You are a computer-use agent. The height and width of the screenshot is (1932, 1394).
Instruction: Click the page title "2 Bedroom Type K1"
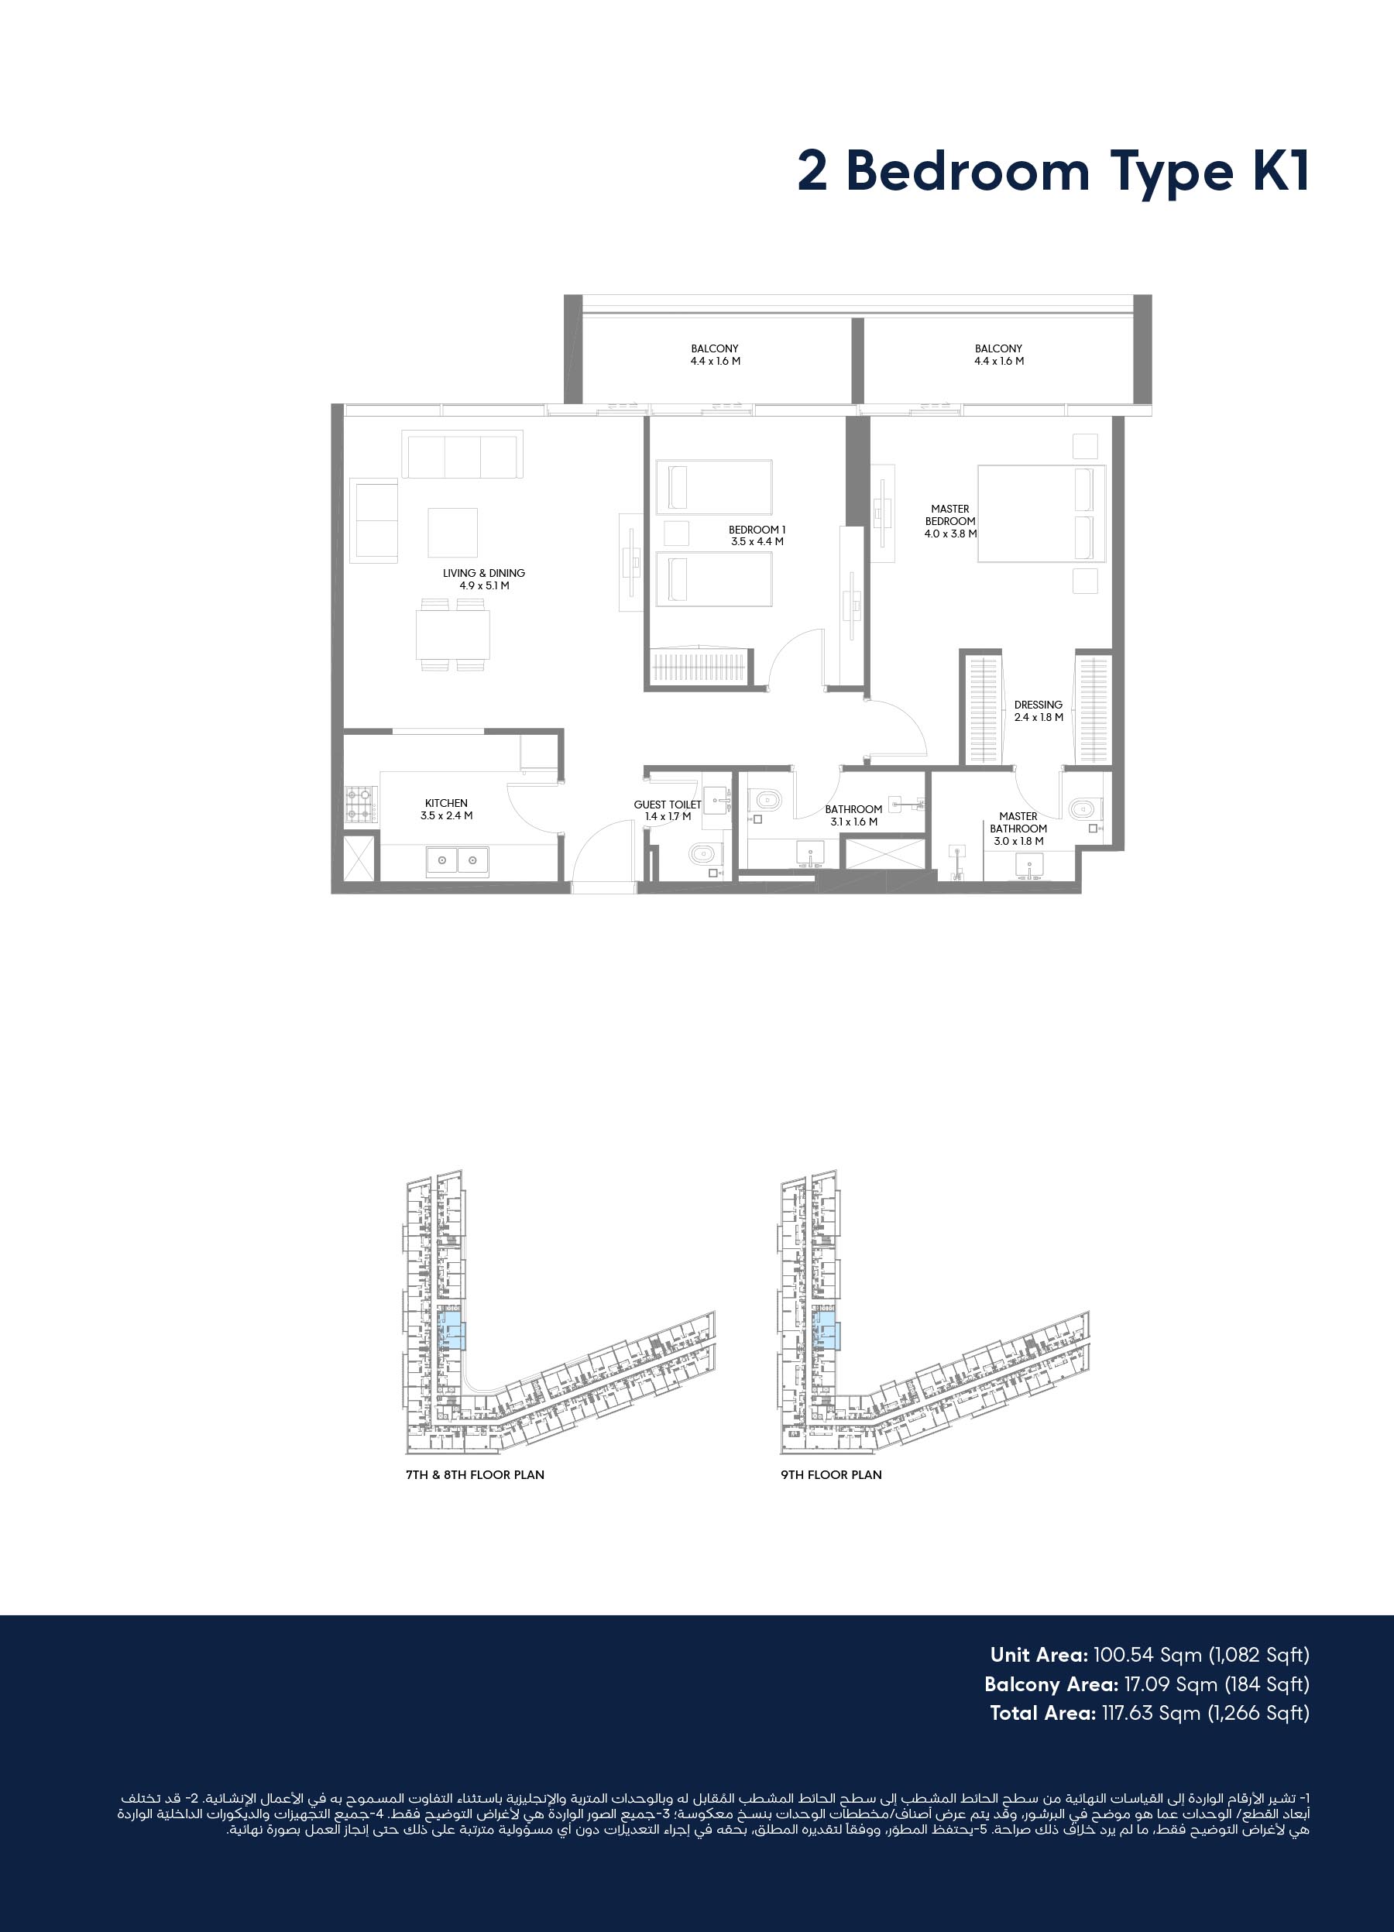[x=1052, y=172]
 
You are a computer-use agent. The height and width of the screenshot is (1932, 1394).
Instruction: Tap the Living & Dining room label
[x=484, y=579]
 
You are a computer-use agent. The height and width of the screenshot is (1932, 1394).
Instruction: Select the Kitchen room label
[x=447, y=809]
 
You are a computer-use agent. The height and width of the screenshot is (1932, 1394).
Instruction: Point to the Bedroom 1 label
[x=757, y=536]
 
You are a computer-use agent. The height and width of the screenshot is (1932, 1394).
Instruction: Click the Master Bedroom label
[x=950, y=521]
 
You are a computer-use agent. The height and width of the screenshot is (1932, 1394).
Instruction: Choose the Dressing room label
[x=1039, y=712]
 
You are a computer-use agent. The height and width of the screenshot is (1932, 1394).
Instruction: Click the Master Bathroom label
[x=1018, y=829]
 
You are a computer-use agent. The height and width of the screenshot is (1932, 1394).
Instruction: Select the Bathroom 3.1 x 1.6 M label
[x=853, y=815]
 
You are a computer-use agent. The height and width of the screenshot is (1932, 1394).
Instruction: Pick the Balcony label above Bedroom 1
[x=715, y=355]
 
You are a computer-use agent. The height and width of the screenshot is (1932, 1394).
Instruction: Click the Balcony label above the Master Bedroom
[x=998, y=355]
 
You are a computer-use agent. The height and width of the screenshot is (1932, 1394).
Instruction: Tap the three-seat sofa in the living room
[x=462, y=454]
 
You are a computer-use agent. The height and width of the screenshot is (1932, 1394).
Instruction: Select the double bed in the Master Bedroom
[x=1041, y=513]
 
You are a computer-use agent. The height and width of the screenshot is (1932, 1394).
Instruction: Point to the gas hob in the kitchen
[x=362, y=803]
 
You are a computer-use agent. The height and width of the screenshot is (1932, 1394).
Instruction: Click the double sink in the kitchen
[x=458, y=860]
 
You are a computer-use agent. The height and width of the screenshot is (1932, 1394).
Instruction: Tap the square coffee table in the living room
[x=453, y=533]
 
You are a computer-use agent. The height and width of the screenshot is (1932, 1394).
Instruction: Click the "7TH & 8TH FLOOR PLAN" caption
[x=475, y=1474]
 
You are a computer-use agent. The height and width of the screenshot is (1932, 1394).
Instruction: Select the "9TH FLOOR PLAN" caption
[x=832, y=1474]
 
